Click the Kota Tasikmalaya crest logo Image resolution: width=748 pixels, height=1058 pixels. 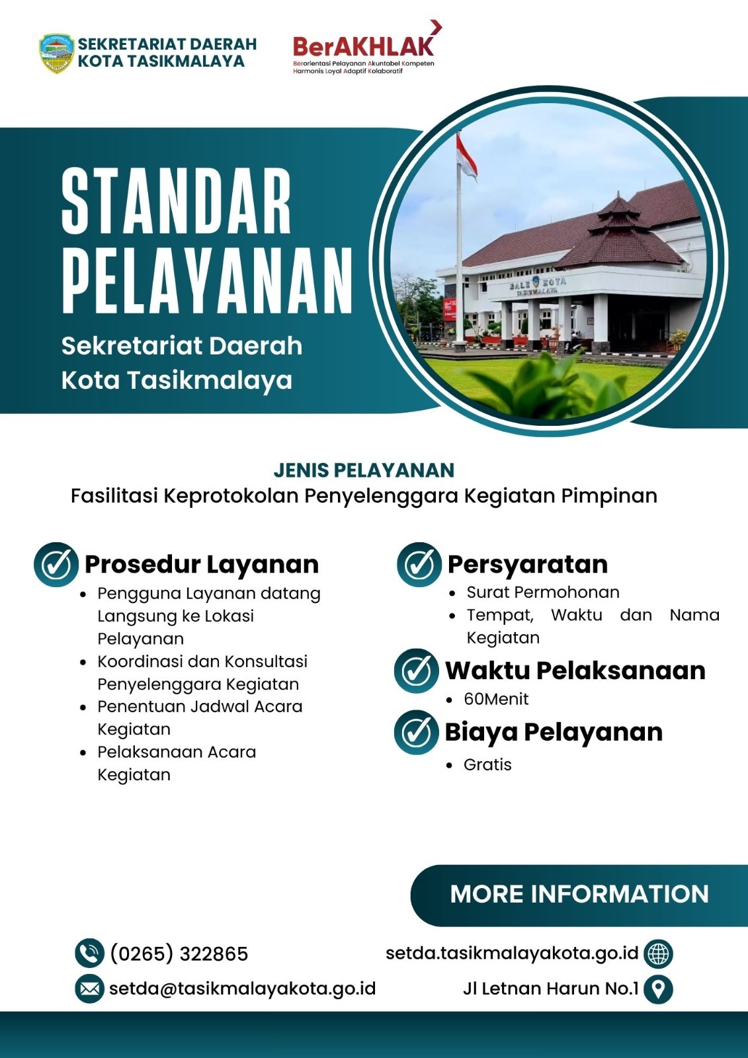point(56,53)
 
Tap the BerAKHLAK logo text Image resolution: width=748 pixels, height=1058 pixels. point(364,46)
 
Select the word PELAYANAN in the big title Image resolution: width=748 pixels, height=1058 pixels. point(207,280)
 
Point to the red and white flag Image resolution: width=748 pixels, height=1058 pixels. point(466,156)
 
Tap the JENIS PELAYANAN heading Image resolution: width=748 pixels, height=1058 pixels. point(364,470)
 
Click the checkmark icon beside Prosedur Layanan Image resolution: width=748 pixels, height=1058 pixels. point(56,565)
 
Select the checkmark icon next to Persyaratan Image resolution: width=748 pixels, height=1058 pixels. point(419,565)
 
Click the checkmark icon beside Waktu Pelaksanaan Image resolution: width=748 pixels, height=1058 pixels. point(416,671)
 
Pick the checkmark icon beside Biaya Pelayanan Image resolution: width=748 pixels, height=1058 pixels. point(416,732)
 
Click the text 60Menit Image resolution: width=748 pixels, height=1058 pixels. point(496,699)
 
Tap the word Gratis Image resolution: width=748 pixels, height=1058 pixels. point(487,764)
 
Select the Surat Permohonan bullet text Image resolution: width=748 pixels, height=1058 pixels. point(543,592)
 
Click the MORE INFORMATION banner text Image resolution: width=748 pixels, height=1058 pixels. point(579,894)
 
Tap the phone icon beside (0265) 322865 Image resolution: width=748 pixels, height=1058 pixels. point(89,953)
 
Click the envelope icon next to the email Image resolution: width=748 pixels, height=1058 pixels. point(89,989)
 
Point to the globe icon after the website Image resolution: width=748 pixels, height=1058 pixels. point(659,953)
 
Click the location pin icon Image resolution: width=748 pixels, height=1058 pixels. point(659,989)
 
